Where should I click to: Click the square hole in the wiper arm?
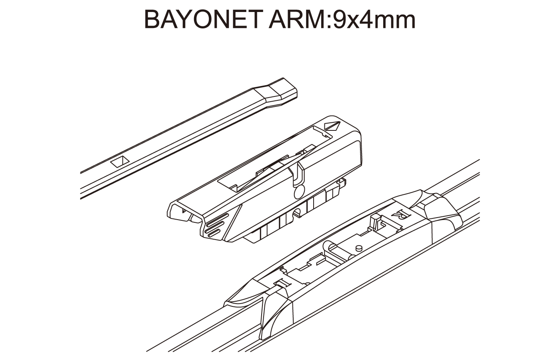(120, 161)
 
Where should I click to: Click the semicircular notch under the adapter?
(297, 213)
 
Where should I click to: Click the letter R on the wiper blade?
(401, 214)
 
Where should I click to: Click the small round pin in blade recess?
(359, 248)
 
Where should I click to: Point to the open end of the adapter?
(184, 212)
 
